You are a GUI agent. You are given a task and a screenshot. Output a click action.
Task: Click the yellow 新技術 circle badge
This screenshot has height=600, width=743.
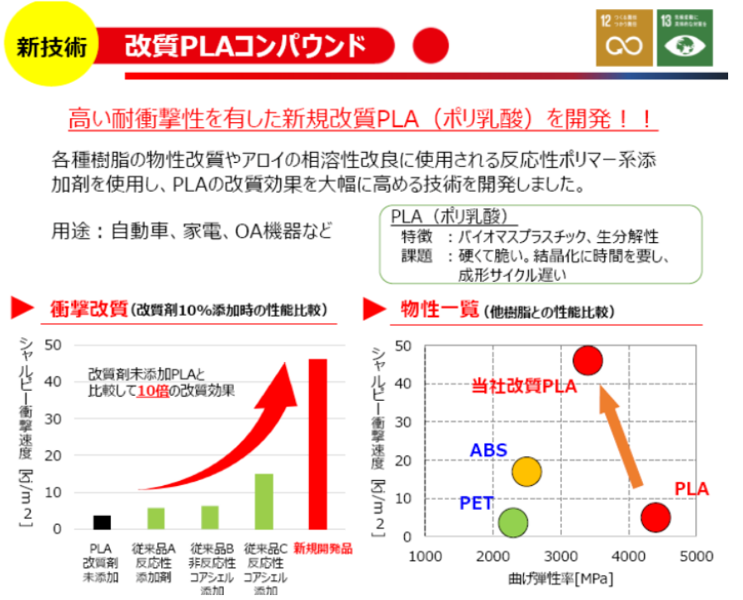[x=51, y=45]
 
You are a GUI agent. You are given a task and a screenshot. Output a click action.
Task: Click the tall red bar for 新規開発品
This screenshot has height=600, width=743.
[x=317, y=444]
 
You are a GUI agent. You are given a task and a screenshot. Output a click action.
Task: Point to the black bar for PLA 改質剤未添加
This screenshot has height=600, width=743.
[x=102, y=521]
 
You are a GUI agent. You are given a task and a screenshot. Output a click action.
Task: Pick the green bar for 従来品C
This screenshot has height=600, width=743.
[x=263, y=501]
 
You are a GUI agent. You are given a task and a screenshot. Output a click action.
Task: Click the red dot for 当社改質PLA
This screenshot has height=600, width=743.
[x=588, y=360]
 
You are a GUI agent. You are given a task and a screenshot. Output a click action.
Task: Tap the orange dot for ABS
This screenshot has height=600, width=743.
[x=526, y=472]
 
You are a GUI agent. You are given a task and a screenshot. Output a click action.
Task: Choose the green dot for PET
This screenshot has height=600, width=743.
[x=513, y=522]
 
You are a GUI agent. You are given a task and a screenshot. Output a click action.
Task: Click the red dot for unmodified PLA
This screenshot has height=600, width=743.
[x=655, y=517]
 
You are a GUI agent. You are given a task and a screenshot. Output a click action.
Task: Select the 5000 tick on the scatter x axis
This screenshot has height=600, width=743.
[x=697, y=556]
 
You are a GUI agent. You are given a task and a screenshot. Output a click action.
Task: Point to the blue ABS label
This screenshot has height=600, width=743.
[x=488, y=450]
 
